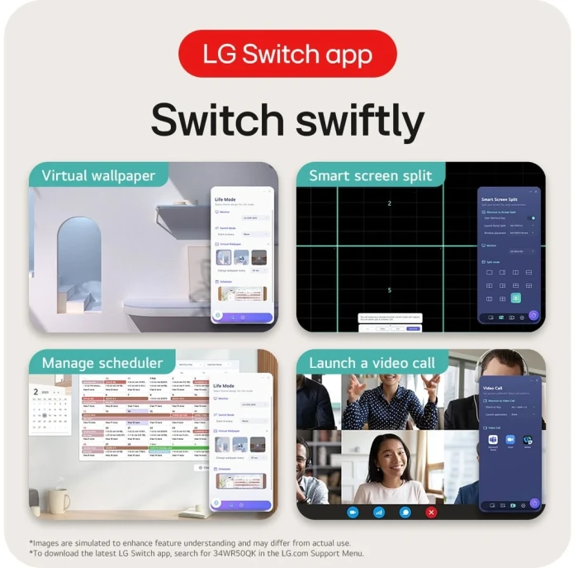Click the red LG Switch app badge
(x=287, y=55)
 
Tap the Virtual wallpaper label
(x=98, y=176)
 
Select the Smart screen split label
(x=370, y=176)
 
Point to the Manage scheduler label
(x=102, y=363)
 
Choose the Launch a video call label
(x=373, y=363)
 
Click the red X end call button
(x=430, y=512)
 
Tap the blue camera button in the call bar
(x=353, y=512)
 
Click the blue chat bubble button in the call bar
(x=405, y=512)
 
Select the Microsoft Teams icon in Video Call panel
(x=493, y=440)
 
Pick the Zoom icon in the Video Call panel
(x=510, y=440)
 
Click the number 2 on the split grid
(x=389, y=203)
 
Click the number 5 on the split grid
(x=389, y=290)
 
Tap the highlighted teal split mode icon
(x=516, y=298)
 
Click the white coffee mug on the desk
(x=59, y=499)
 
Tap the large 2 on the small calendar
(x=36, y=391)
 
